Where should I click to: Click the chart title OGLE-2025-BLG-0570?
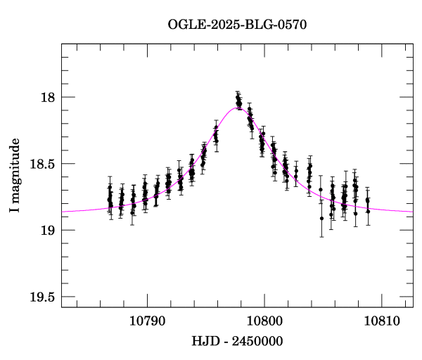pos(237,25)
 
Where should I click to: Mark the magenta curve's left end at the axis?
pos(62,211)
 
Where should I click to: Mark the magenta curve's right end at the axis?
pos(412,211)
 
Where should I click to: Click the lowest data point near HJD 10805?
pos(321,218)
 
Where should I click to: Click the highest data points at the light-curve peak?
pos(238,100)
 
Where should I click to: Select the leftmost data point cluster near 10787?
pos(110,201)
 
